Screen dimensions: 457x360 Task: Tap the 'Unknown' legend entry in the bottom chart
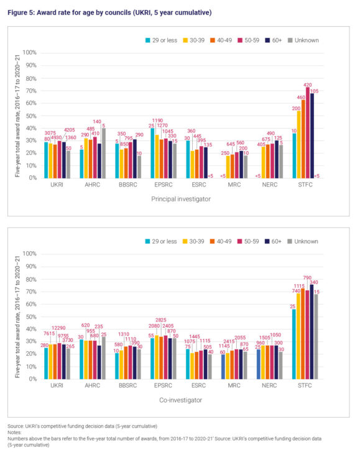pos(305,241)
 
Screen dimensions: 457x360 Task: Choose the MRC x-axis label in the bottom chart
pos(234,385)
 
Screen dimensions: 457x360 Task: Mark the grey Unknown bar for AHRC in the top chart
pos(103,154)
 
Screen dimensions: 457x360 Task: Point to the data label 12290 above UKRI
pos(57,328)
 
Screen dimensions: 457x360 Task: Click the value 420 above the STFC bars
pos(307,84)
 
